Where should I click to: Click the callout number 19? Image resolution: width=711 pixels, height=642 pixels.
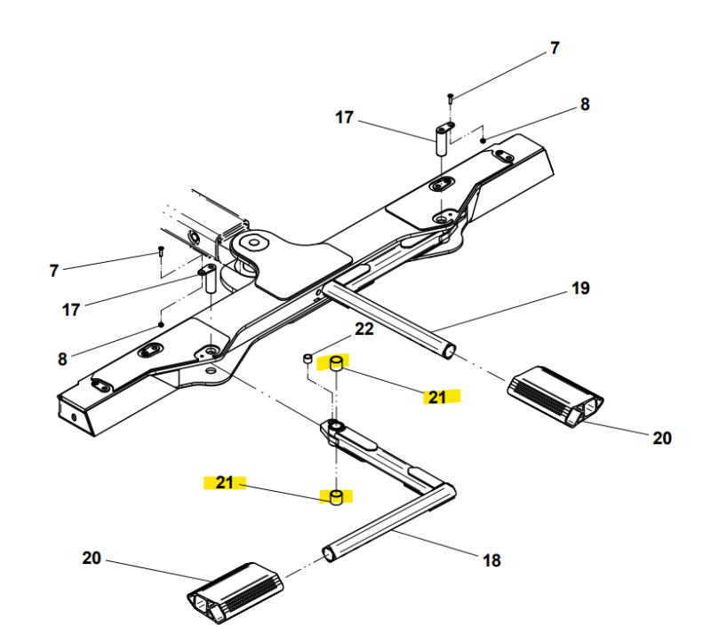[x=579, y=289]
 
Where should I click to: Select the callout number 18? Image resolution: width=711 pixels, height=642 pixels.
[x=491, y=560]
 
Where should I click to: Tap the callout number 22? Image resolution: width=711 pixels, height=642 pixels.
[x=364, y=329]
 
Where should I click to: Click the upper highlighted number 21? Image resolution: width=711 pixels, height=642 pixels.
[x=436, y=397]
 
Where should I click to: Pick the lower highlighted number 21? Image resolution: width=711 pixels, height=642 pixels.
[x=224, y=482]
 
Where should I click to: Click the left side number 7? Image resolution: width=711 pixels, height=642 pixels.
[x=54, y=270]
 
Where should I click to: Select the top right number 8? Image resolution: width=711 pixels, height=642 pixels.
[x=584, y=104]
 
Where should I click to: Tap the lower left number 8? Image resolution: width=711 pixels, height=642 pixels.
[x=62, y=359]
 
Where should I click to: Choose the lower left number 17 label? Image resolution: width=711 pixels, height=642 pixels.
[x=71, y=310]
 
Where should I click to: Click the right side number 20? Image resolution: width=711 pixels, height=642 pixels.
[x=662, y=437]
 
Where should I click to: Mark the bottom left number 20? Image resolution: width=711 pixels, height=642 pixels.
[x=92, y=559]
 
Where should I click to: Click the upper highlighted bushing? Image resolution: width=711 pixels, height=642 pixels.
[x=338, y=364]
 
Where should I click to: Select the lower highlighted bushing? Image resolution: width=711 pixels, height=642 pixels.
[x=337, y=497]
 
